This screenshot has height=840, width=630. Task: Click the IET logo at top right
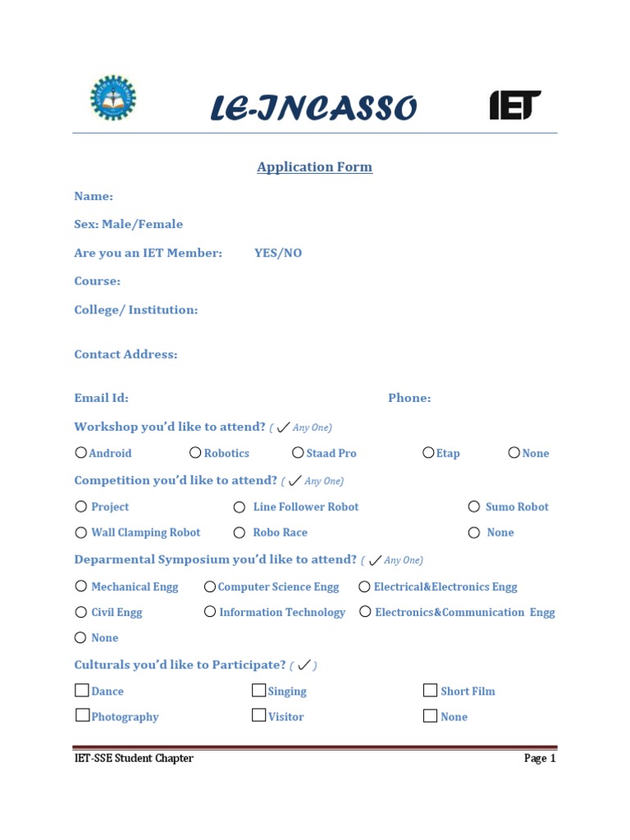coord(515,105)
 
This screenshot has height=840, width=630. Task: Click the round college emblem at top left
coord(113,98)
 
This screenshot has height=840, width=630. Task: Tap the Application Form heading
coord(314,167)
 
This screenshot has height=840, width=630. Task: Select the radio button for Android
coord(80,452)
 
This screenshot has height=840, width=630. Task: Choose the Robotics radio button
coord(195,452)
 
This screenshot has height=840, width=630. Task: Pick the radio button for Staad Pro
coord(298,452)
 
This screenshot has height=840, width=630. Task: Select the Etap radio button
coord(428,452)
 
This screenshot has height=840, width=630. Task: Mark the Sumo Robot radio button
coord(474,506)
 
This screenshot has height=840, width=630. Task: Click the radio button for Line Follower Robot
coord(240,507)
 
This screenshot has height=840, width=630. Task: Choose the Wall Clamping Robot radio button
coord(80,532)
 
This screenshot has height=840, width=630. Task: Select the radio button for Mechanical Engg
coord(80,586)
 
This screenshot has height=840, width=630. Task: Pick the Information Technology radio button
coord(210,611)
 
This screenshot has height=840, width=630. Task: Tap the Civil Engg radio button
coord(80,612)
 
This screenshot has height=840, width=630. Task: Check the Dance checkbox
coord(82,690)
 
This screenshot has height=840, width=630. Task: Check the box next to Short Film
coord(430,690)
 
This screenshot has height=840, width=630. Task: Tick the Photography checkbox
coord(82,715)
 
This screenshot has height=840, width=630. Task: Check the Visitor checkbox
coord(258,715)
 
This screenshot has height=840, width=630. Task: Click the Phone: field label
coord(409,399)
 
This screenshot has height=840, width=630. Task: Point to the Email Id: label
coord(101,399)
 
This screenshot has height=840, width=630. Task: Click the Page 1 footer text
coord(540,759)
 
